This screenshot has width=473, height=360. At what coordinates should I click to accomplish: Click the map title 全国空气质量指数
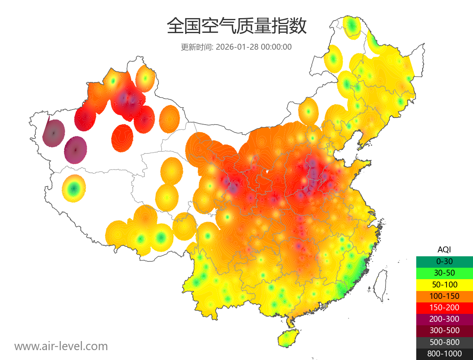pyautogui.click(x=236, y=26)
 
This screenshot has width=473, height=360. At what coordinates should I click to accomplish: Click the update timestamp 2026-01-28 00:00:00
pyautogui.click(x=254, y=47)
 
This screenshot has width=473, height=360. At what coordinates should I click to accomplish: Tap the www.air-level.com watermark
pyautogui.click(x=61, y=346)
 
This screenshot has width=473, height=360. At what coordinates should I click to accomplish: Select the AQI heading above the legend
pyautogui.click(x=444, y=249)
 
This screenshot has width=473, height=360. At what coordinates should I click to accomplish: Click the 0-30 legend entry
pyautogui.click(x=444, y=261)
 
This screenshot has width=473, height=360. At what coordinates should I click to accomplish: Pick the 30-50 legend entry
pyautogui.click(x=444, y=272)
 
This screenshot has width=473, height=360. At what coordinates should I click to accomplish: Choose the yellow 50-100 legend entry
pyautogui.click(x=444, y=284)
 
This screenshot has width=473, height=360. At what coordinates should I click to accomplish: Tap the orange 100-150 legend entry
pyautogui.click(x=444, y=296)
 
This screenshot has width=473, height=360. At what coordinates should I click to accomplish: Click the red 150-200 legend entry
pyautogui.click(x=444, y=307)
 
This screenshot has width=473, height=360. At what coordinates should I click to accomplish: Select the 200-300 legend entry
pyautogui.click(x=444, y=319)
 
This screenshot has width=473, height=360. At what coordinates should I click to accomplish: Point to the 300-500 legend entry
pyautogui.click(x=444, y=330)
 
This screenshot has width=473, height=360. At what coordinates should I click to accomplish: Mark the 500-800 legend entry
pyautogui.click(x=444, y=342)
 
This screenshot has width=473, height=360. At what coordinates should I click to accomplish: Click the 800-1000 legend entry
pyautogui.click(x=444, y=354)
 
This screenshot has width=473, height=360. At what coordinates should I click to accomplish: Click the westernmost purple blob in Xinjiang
pyautogui.click(x=54, y=133)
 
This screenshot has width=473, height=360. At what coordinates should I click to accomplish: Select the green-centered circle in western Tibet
pyautogui.click(x=74, y=188)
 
